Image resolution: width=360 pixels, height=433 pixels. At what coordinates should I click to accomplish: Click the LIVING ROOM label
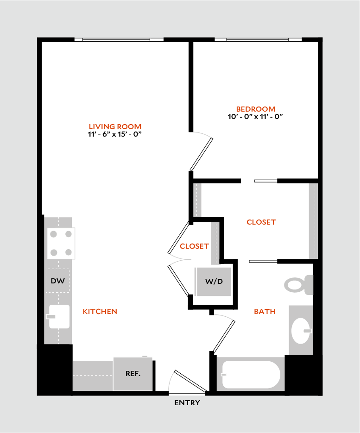[115, 126]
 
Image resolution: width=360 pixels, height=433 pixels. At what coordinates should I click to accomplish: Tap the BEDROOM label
[255, 109]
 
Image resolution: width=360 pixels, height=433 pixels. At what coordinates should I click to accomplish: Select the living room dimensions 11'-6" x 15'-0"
[115, 134]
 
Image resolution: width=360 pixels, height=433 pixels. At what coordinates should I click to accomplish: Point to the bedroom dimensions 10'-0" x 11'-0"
[255, 117]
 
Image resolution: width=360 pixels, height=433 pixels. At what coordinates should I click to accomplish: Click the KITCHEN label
[100, 312]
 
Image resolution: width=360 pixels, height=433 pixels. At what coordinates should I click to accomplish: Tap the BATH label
[265, 312]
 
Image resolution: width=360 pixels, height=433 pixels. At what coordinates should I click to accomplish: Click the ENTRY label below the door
[187, 403]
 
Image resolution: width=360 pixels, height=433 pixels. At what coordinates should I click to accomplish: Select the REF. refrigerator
[133, 374]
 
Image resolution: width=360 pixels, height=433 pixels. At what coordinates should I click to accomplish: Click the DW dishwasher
[57, 281]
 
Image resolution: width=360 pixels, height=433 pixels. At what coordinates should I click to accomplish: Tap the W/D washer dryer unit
[214, 282]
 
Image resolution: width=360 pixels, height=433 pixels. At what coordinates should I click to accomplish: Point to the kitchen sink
[59, 317]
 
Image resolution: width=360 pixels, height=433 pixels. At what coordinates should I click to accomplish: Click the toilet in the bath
[298, 284]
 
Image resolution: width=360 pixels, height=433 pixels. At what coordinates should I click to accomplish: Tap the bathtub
[251, 375]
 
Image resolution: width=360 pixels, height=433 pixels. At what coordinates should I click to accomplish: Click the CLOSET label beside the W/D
[194, 246]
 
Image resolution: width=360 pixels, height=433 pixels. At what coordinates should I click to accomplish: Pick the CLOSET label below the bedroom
[261, 222]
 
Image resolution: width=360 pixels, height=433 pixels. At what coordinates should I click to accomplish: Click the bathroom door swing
[224, 333]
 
